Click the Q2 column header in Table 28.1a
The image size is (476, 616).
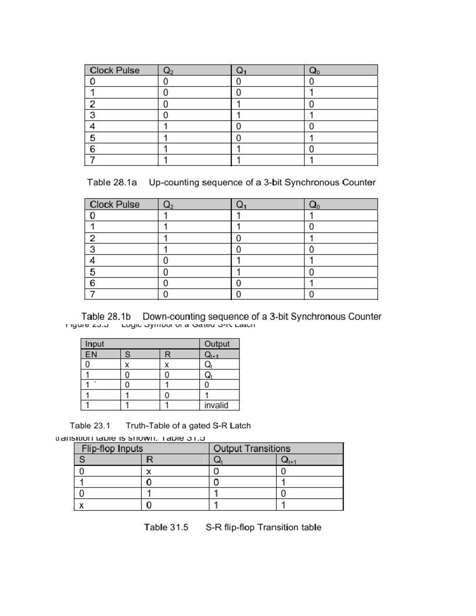[x=168, y=71]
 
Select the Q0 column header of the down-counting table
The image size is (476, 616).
[x=314, y=205]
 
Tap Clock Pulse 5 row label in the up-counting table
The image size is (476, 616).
[x=92, y=138]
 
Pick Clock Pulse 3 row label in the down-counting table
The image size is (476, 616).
[x=92, y=249]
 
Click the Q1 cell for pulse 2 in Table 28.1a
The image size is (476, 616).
[x=238, y=104]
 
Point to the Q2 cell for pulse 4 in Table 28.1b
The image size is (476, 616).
[x=165, y=261]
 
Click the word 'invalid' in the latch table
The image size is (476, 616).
[x=216, y=405]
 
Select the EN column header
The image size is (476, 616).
[x=91, y=354]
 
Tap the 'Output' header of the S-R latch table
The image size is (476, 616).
[x=217, y=344]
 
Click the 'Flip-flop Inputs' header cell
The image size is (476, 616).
[x=112, y=449]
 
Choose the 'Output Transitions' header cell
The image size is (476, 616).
[x=252, y=449]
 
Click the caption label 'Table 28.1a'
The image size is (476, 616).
[x=112, y=182]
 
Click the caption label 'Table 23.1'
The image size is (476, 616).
[x=90, y=426]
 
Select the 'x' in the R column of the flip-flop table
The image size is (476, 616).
[x=149, y=472]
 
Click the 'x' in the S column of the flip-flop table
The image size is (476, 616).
[x=81, y=506]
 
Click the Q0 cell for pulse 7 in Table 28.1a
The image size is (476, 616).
[x=311, y=161]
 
